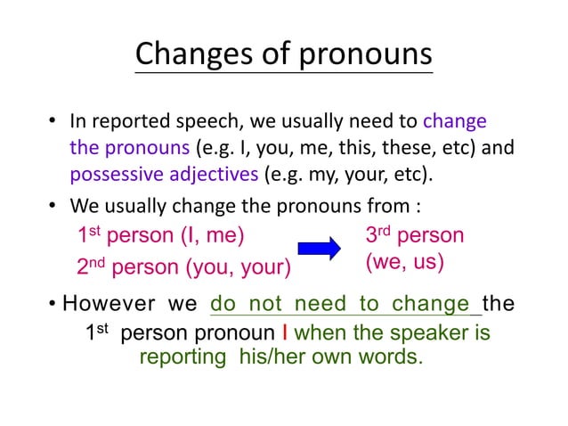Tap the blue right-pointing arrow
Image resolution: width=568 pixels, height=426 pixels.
(x=319, y=249)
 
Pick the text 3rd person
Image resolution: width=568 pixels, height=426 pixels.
(x=415, y=235)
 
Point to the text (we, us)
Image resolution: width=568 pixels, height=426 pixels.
(x=405, y=264)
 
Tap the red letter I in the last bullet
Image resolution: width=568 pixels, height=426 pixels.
(x=283, y=333)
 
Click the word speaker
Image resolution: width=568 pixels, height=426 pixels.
(x=432, y=333)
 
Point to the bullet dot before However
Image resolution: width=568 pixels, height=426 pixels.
(x=55, y=305)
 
